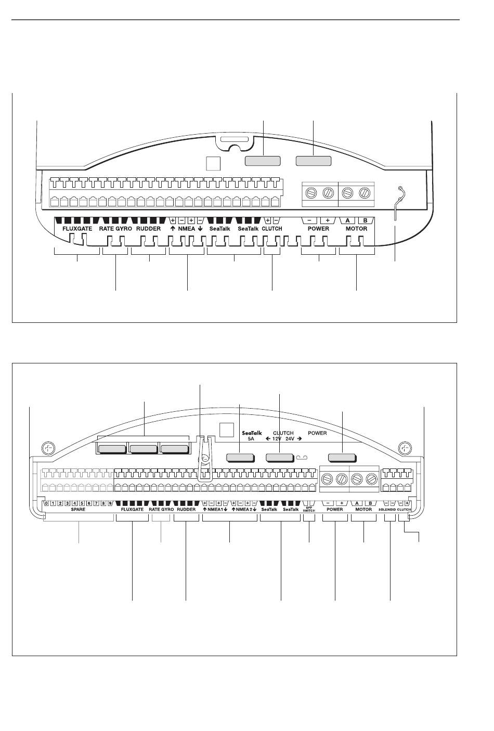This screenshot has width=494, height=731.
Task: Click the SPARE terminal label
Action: click(78, 510)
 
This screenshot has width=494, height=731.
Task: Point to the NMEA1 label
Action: click(215, 510)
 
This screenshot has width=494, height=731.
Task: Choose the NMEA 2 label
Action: click(244, 510)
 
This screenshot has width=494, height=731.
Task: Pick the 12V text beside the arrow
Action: click(276, 439)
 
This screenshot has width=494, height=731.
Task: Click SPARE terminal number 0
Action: click(46, 503)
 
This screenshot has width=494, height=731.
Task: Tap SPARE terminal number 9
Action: click(110, 503)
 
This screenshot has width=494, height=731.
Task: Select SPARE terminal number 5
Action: click(82, 503)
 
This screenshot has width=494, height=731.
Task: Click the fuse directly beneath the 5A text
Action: click(240, 458)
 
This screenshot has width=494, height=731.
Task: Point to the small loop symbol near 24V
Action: click(303, 458)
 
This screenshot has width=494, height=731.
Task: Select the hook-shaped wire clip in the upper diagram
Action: click(398, 200)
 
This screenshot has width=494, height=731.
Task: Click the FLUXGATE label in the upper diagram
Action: click(77, 229)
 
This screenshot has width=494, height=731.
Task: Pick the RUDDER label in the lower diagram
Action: click(186, 510)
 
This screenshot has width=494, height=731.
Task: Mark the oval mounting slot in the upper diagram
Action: click(234, 141)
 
